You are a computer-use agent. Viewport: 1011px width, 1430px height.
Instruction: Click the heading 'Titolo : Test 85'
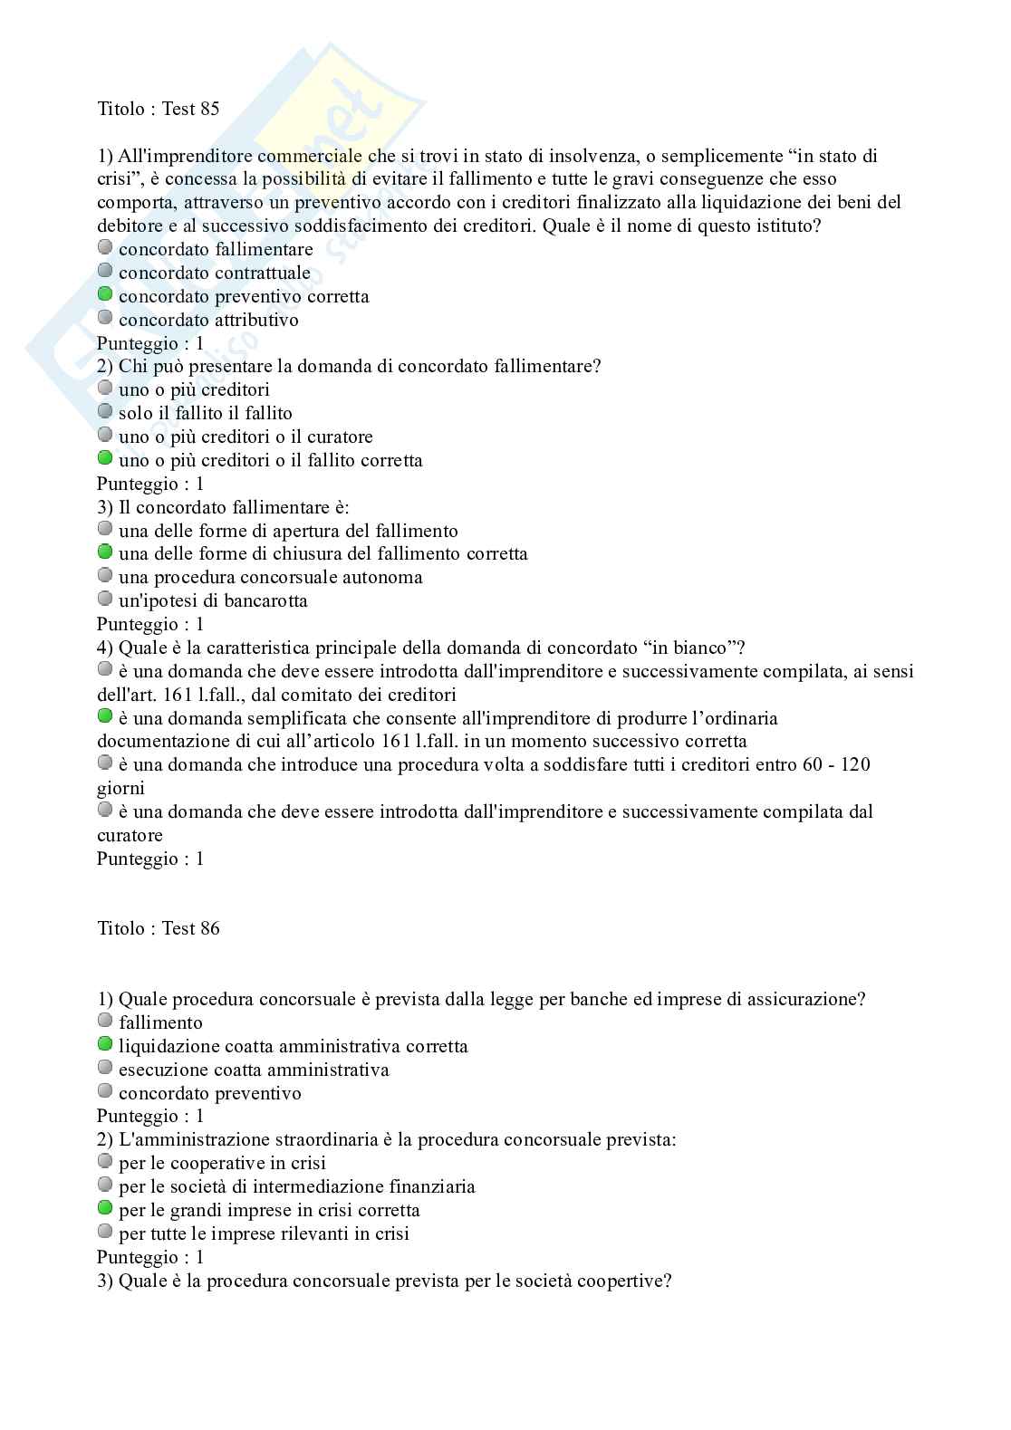[159, 109]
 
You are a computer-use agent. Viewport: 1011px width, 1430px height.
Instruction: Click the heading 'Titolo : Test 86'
[159, 928]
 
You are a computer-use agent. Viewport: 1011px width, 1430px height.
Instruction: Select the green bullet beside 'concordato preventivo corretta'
[105, 294]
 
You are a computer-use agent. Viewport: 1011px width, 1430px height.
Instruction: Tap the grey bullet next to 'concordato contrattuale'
[105, 271]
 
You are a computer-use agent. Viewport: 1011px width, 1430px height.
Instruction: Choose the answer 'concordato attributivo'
[208, 320]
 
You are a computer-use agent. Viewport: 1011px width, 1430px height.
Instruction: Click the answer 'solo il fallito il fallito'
[206, 413]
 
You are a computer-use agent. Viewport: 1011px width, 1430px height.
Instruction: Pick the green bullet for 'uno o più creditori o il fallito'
[105, 458]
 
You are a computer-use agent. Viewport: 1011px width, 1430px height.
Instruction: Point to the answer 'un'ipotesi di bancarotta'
[213, 600]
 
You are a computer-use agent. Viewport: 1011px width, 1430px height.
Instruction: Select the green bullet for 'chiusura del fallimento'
[105, 552]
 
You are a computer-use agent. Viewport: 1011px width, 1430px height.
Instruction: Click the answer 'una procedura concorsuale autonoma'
[270, 577]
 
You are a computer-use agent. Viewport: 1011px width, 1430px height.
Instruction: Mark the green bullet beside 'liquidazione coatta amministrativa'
[105, 1044]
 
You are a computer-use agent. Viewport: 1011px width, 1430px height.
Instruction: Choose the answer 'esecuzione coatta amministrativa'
[254, 1070]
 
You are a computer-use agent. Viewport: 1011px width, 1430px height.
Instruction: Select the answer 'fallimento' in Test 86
[160, 1022]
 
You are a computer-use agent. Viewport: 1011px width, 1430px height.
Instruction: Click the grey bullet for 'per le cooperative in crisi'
[105, 1161]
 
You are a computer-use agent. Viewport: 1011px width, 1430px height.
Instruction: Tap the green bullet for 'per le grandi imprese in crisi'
[105, 1208]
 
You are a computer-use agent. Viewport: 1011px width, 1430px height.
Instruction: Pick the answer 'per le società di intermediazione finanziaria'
[297, 1186]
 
